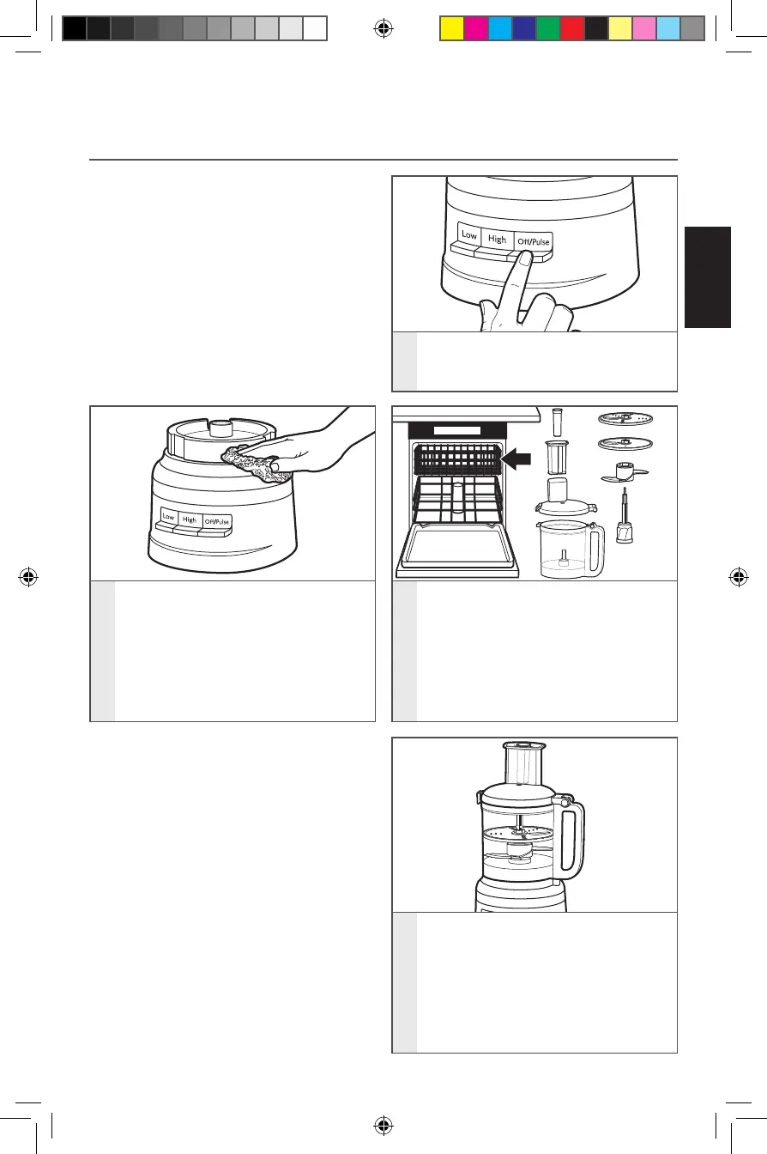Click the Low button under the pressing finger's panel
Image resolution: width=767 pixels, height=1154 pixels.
coord(468,235)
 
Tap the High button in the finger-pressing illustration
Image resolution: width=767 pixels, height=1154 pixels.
coord(498,240)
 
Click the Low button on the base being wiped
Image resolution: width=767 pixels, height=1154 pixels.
coord(168,519)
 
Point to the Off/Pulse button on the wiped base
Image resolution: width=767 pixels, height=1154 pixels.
coord(215,522)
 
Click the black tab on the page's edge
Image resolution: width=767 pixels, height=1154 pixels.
coord(708,276)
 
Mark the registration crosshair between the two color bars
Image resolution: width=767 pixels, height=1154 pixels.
coord(383,29)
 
